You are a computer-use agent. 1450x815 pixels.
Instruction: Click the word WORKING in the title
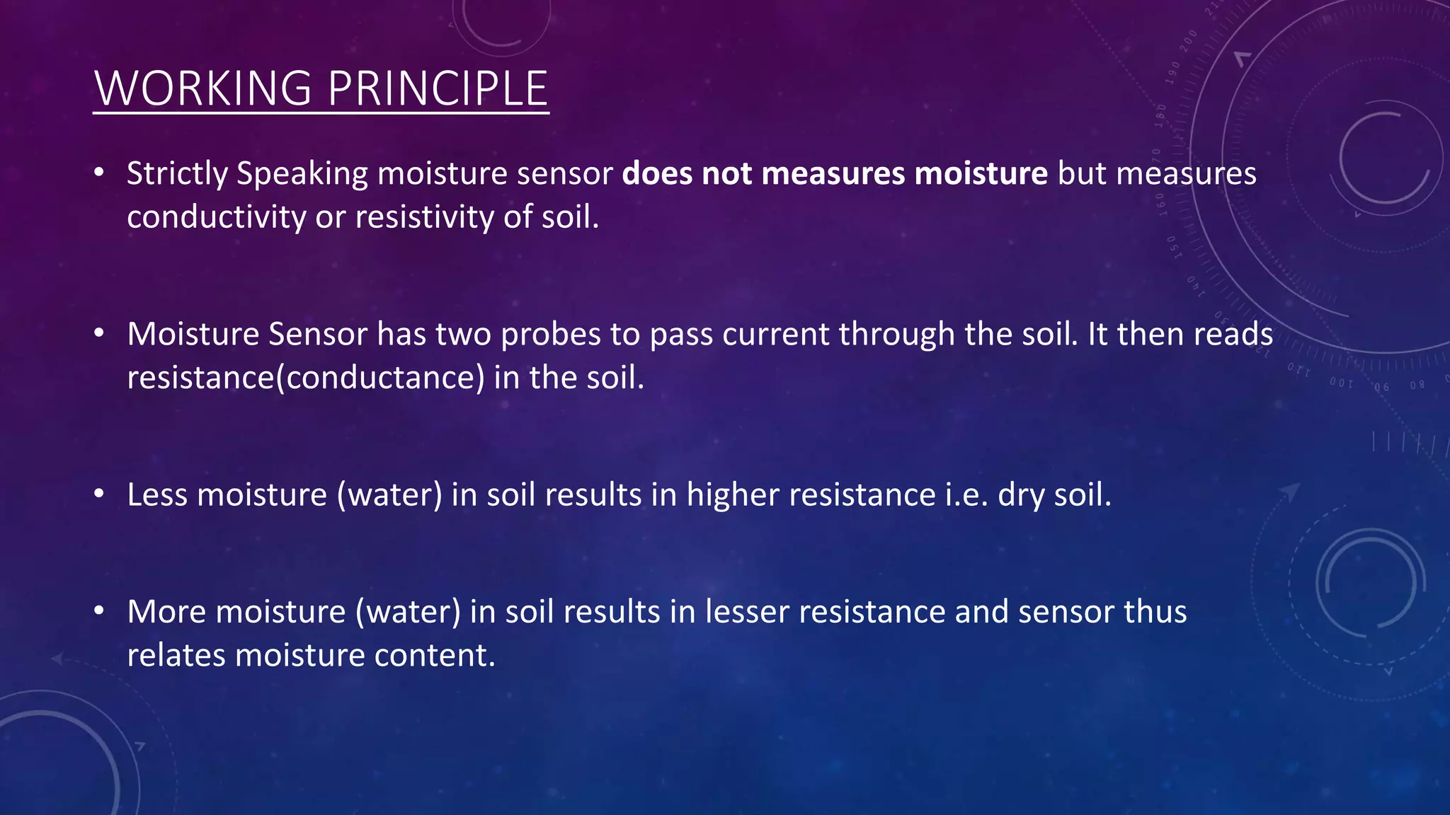pos(202,89)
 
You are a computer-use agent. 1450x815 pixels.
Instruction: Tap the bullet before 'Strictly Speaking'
pos(99,173)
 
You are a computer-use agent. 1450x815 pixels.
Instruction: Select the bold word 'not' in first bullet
pos(726,174)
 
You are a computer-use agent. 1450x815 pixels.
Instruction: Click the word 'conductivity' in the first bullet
pos(216,217)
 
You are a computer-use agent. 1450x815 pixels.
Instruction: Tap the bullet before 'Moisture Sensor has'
pos(99,333)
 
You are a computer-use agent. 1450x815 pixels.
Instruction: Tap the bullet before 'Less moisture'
pos(99,494)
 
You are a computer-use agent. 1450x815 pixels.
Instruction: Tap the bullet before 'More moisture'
pos(99,611)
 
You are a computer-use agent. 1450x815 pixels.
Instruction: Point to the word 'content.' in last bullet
pos(435,656)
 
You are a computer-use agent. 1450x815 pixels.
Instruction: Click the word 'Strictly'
pos(177,174)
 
